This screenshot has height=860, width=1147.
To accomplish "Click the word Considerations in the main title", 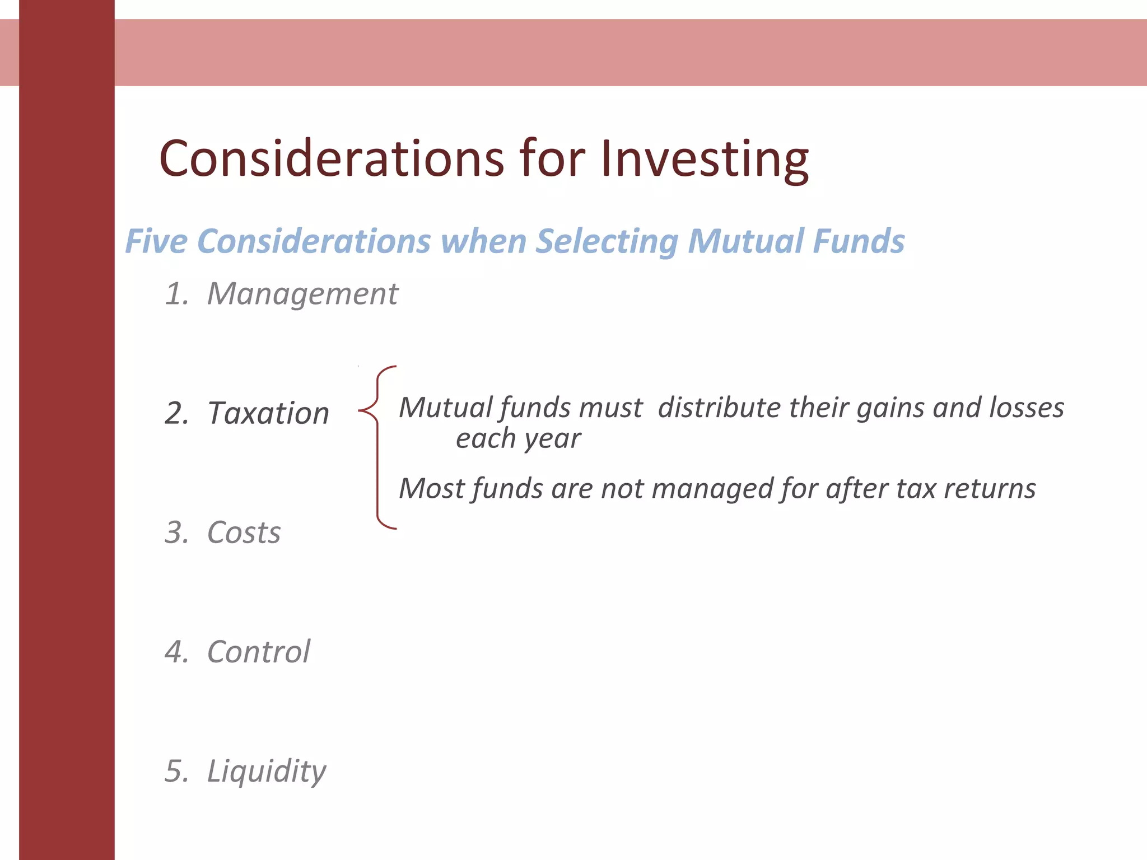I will click(x=332, y=159).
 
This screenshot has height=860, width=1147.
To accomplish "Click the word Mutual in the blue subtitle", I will click(x=744, y=241).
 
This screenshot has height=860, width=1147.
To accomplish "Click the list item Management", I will click(x=302, y=294).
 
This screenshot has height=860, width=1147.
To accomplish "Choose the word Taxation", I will click(x=268, y=413).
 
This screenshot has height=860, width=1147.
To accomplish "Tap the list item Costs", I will click(x=244, y=532).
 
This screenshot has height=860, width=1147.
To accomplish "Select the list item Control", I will click(x=258, y=652).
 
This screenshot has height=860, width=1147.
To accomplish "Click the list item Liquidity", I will click(x=266, y=772).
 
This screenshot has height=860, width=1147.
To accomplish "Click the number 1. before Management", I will click(x=177, y=294).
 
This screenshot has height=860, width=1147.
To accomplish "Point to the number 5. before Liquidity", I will click(x=177, y=771).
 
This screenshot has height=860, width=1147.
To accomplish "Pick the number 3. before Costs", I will click(x=177, y=532).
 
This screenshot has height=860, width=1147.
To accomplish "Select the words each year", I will click(x=518, y=438).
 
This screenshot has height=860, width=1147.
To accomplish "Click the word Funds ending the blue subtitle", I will click(x=858, y=241).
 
